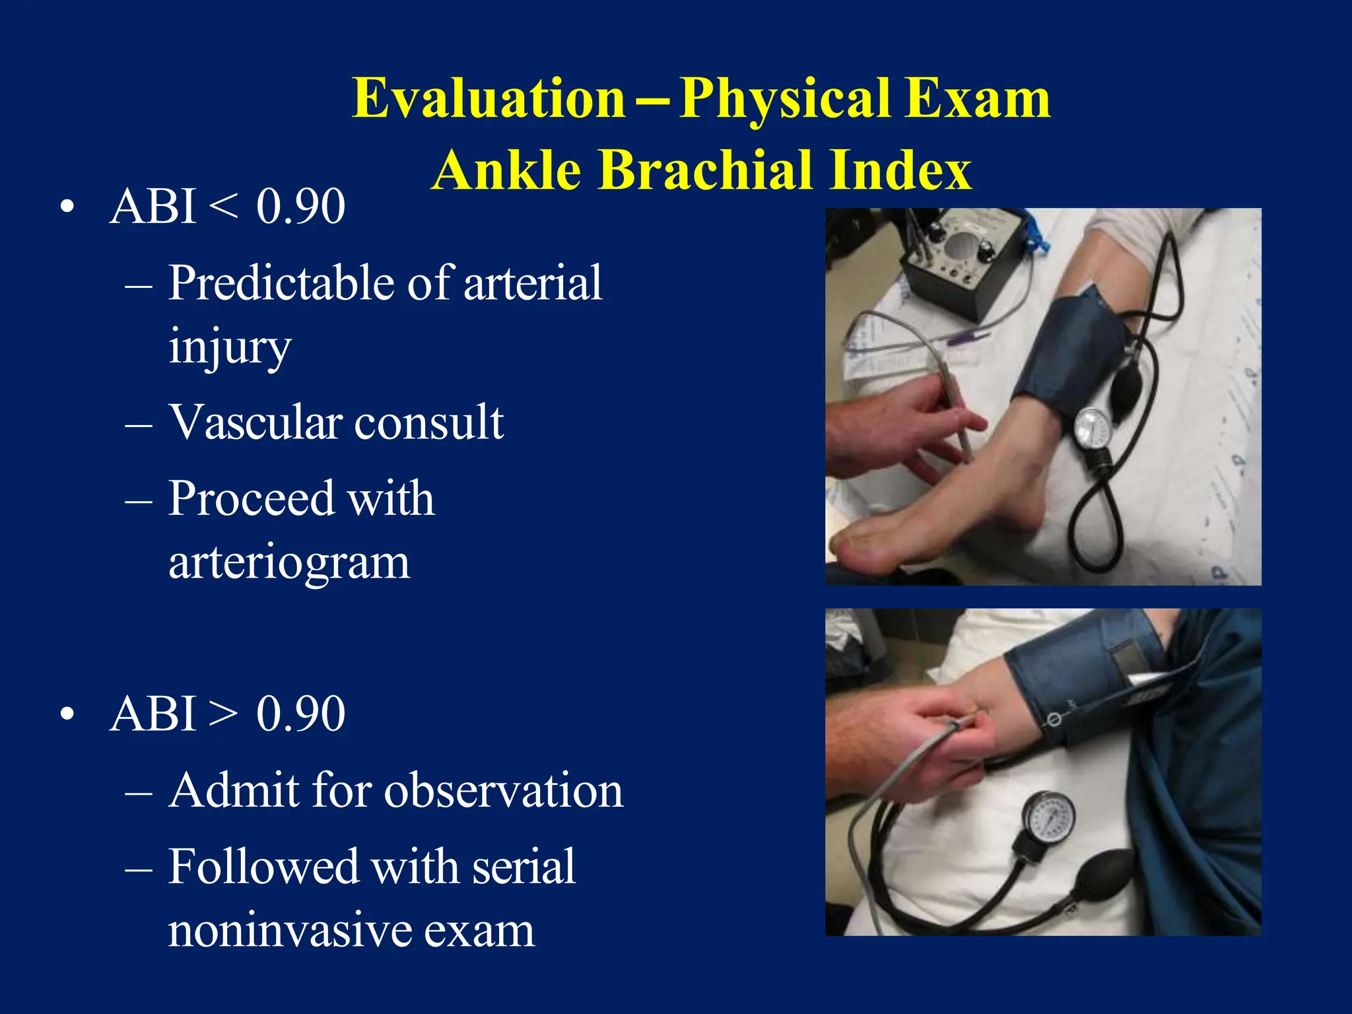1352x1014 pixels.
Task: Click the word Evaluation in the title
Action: (489, 99)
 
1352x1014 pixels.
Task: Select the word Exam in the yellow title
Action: (977, 99)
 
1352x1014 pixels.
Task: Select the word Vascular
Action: (254, 422)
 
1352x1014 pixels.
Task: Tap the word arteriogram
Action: (288, 562)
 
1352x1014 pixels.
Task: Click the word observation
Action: (503, 791)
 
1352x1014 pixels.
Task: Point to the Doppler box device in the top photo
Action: (957, 257)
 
